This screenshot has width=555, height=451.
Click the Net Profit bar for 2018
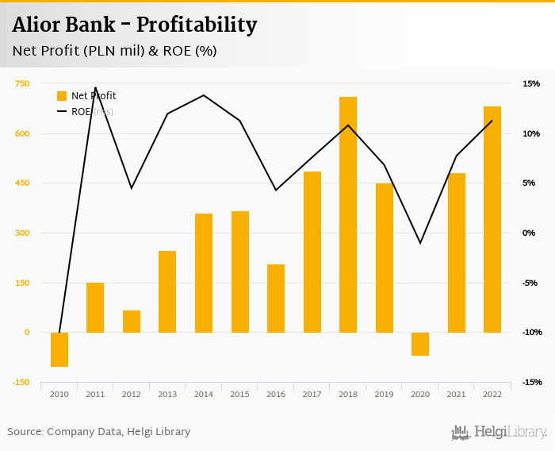tap(348, 214)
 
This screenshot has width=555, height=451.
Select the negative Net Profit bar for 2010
tap(59, 349)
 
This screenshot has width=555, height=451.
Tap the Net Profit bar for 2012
tap(132, 322)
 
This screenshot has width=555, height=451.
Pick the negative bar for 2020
tap(420, 344)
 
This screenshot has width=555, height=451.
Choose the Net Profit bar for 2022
tap(492, 219)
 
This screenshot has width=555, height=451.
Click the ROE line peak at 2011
tap(95, 87)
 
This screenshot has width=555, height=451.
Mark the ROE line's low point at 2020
tap(420, 243)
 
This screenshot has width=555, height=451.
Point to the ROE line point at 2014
tap(204, 95)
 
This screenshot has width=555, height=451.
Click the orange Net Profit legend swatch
tap(62, 96)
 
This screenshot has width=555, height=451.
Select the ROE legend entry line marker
tap(62, 112)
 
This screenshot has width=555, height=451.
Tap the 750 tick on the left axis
tap(22, 83)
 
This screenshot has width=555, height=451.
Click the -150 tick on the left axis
tap(21, 382)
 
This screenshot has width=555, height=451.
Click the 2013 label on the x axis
tap(167, 394)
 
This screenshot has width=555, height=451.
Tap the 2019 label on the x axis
tap(384, 394)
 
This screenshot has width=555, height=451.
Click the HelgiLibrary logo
tap(499, 432)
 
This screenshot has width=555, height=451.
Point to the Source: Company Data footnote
tap(99, 432)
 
